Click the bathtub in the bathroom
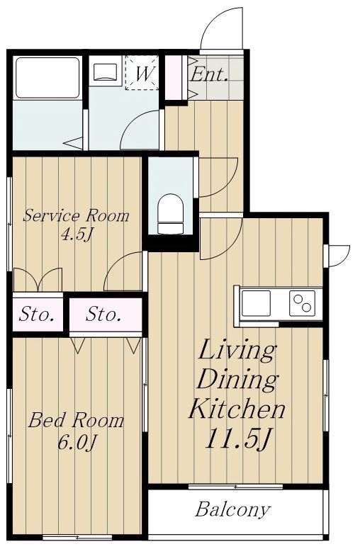(47, 78)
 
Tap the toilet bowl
(170, 213)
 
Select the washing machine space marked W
(142, 73)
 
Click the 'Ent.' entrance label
(209, 75)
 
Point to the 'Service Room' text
(76, 215)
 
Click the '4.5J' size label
(77, 234)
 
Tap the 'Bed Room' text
(76, 420)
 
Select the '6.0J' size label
(77, 442)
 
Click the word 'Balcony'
(233, 510)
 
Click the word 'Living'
(237, 351)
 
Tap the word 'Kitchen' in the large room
(237, 409)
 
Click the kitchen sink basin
(256, 303)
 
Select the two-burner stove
(302, 303)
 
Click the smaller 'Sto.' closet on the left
(37, 314)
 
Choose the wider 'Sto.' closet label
(103, 314)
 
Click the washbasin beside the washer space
(105, 72)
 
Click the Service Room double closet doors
(38, 279)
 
